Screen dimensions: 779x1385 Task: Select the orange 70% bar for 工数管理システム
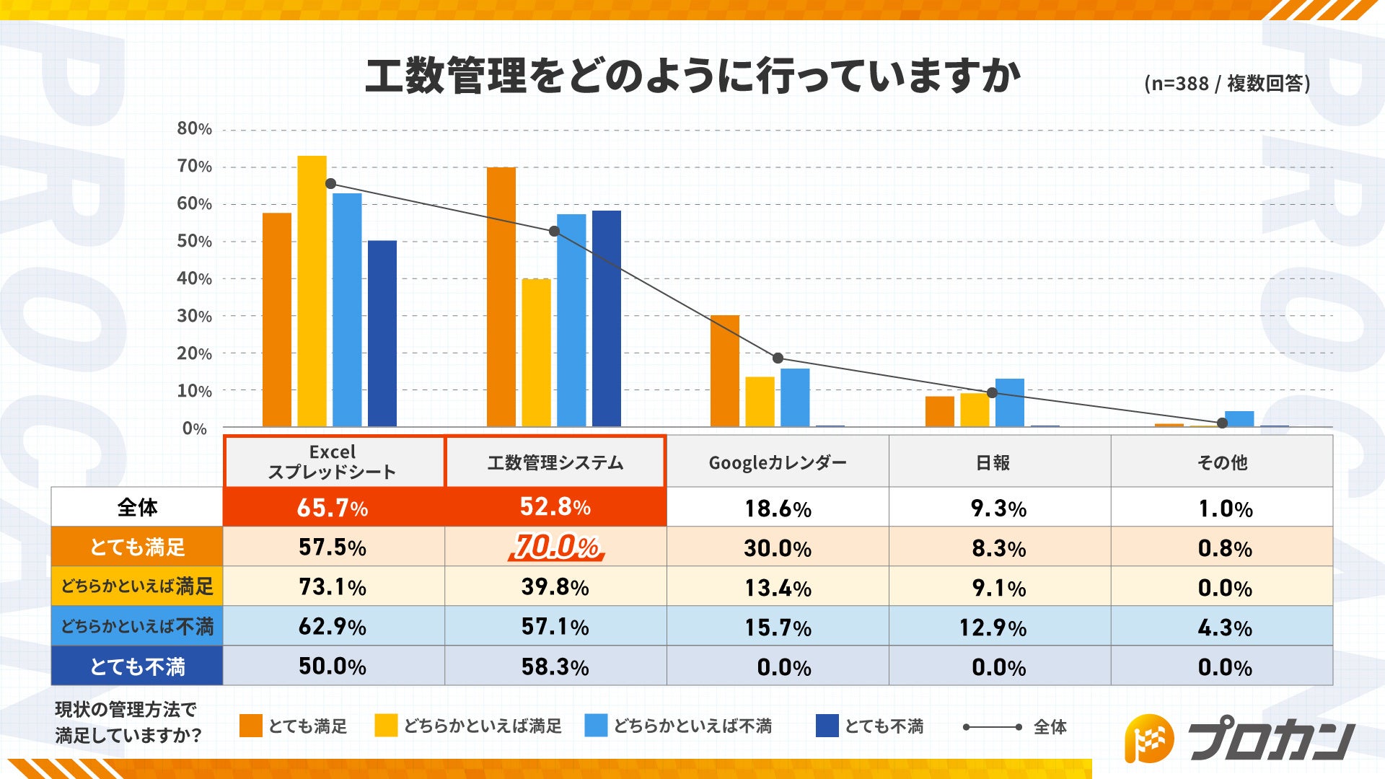point(501,296)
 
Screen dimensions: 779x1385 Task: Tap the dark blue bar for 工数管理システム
point(606,318)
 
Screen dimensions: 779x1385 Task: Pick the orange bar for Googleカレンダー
point(724,371)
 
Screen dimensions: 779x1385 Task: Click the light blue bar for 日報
point(1009,402)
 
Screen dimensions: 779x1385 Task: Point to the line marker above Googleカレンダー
point(778,358)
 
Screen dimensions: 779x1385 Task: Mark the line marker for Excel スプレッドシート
point(330,184)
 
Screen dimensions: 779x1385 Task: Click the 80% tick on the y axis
point(194,129)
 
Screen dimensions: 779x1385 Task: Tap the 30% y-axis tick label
point(194,316)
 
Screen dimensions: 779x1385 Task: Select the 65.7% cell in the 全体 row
point(333,507)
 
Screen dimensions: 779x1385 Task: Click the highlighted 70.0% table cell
point(555,547)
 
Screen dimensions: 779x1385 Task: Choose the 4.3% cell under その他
point(1224,627)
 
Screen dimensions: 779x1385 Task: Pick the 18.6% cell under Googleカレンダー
point(778,509)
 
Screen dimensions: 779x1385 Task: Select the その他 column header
point(1222,462)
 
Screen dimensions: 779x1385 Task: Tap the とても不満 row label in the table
point(137,666)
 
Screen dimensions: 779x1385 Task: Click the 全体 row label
point(137,507)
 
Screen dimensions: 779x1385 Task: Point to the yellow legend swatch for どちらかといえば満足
point(386,726)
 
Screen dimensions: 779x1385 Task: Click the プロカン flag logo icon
point(1149,738)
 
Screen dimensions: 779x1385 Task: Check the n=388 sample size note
point(1226,84)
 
